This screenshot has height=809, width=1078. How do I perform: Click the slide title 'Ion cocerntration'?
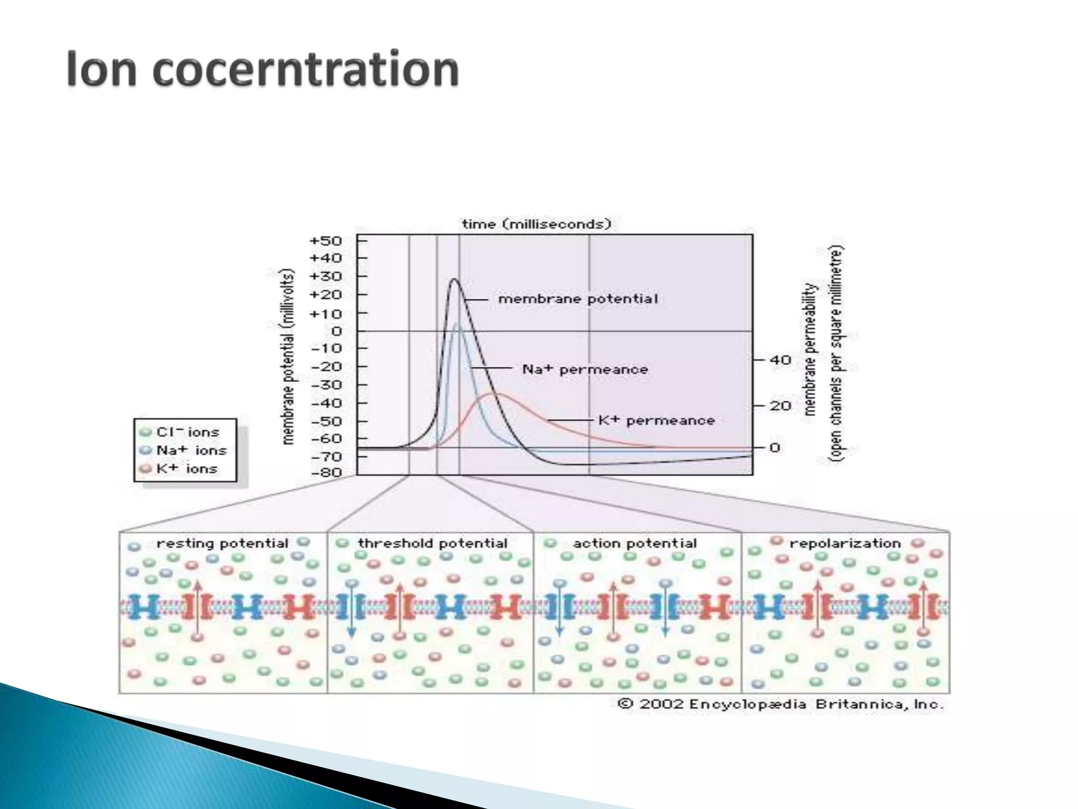(263, 69)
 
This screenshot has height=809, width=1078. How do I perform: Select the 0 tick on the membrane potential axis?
(336, 331)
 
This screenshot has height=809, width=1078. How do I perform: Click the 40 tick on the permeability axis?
(780, 360)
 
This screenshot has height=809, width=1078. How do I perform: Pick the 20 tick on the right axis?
(780, 406)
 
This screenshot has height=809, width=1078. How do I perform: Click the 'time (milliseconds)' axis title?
(536, 224)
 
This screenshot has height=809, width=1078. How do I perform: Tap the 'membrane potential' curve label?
(578, 299)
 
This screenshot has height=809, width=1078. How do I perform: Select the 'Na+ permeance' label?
(585, 370)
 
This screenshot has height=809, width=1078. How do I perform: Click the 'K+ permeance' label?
(656, 420)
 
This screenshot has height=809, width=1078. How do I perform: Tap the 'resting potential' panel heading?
(222, 543)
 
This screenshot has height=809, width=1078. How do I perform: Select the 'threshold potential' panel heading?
(433, 543)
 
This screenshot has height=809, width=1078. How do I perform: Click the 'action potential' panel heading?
(635, 543)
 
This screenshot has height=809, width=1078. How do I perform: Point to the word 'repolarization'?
(845, 543)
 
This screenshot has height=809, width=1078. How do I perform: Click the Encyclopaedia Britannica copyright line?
(781, 704)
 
